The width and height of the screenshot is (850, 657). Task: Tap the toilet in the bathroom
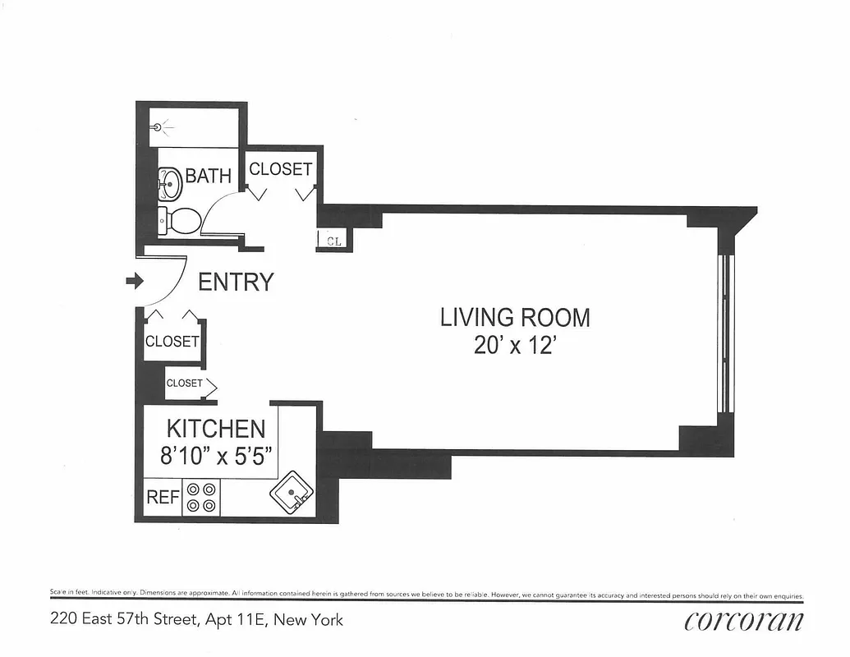pyautogui.click(x=181, y=219)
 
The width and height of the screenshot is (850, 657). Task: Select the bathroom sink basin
pyautogui.click(x=170, y=182)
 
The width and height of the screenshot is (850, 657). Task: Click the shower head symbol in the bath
pyautogui.click(x=160, y=127)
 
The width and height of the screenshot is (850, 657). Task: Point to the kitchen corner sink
pyautogui.click(x=292, y=492)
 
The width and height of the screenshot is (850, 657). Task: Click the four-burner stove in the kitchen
pyautogui.click(x=201, y=497)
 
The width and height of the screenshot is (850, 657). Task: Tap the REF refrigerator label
pyautogui.click(x=163, y=498)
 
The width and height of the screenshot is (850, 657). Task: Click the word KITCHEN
pyautogui.click(x=216, y=429)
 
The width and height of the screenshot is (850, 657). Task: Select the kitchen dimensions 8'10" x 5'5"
pyautogui.click(x=216, y=455)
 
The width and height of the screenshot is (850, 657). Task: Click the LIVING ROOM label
pyautogui.click(x=515, y=317)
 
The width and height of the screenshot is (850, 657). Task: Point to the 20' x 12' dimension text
pyautogui.click(x=515, y=345)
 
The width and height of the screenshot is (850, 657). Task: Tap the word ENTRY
pyautogui.click(x=236, y=283)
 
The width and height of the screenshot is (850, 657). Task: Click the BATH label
pyautogui.click(x=208, y=176)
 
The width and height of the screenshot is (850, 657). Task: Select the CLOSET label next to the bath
pyautogui.click(x=281, y=169)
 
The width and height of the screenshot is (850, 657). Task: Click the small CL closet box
pyautogui.click(x=334, y=241)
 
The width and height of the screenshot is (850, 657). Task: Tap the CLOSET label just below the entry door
pyautogui.click(x=172, y=342)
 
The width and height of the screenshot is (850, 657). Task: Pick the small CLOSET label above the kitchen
pyautogui.click(x=184, y=384)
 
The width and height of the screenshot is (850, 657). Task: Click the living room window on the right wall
pyautogui.click(x=724, y=333)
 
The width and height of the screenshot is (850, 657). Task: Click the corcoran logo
pyautogui.click(x=744, y=621)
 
